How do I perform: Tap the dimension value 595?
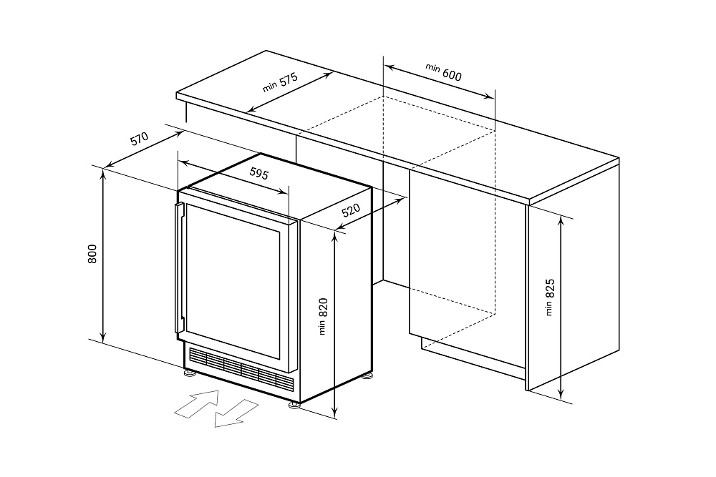click(259, 173)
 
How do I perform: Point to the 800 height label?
click(92, 254)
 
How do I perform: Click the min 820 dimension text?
click(323, 315)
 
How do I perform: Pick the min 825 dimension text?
click(549, 296)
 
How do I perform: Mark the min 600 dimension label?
click(444, 72)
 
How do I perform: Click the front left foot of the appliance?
click(188, 372)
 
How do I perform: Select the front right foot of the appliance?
click(294, 405)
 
